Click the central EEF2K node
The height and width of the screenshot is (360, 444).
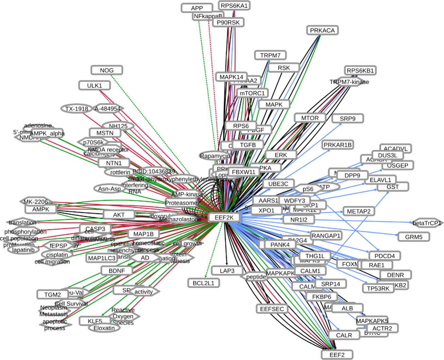click(224, 218)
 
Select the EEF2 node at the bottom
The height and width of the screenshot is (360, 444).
click(337, 355)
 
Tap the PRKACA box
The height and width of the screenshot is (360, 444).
click(322, 30)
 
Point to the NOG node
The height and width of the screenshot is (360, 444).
click(107, 70)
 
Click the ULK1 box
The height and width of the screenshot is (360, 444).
click(95, 86)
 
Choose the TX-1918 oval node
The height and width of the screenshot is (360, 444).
click(77, 109)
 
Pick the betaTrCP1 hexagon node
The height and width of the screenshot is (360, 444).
click(427, 223)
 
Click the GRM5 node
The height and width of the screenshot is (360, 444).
click(413, 237)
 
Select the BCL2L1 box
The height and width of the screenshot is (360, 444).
click(203, 283)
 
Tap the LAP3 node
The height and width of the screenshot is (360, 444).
click(227, 271)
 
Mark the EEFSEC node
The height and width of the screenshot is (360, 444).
click(272, 309)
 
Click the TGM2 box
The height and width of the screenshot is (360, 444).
click(52, 294)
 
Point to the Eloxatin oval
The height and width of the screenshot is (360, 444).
click(104, 328)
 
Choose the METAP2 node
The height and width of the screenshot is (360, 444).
click(358, 211)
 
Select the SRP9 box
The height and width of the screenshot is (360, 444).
click(347, 119)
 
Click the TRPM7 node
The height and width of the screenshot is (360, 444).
click(270, 55)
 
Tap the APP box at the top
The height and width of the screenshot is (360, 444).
click(197, 8)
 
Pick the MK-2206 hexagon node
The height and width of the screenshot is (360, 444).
click(36, 202)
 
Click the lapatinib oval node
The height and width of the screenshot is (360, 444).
click(23, 250)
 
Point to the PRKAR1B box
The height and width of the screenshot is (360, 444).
click(337, 145)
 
